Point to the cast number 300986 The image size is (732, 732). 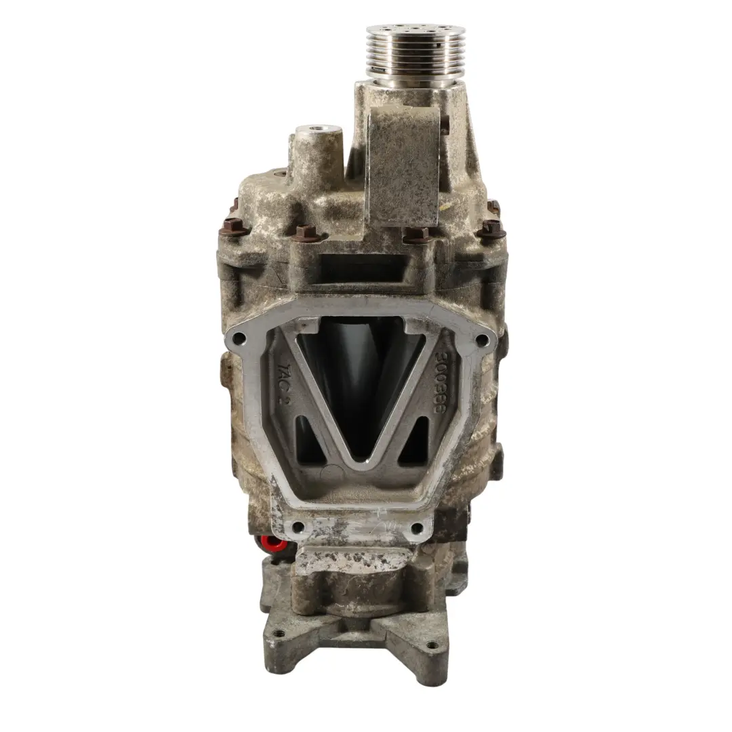click(446, 383)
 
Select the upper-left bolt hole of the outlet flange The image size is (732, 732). click(238, 337)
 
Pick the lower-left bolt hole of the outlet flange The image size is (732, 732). click(296, 527)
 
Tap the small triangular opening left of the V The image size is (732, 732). click(308, 441)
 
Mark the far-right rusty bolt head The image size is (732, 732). click(491, 228)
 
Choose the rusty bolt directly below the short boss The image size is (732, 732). click(306, 233)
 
